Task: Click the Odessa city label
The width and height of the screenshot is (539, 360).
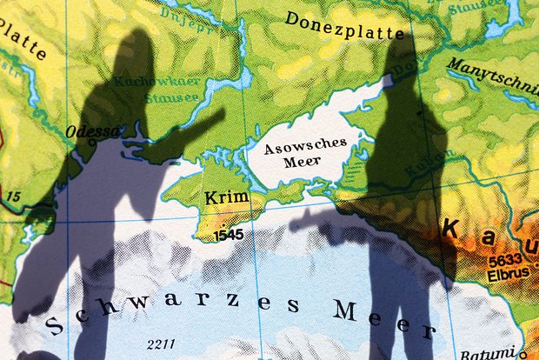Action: point(93,132)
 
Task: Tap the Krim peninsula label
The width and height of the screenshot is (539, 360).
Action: point(226,198)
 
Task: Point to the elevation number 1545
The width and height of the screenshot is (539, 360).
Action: point(229,234)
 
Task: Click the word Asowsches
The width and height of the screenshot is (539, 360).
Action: point(305,144)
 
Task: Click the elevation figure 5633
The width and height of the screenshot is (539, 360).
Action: point(505,259)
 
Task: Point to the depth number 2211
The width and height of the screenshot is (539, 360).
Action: point(163,343)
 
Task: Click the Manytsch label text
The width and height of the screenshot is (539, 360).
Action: point(493,77)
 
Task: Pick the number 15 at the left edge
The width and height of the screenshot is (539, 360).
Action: point(12,197)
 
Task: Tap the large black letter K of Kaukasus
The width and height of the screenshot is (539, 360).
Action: point(451,230)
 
